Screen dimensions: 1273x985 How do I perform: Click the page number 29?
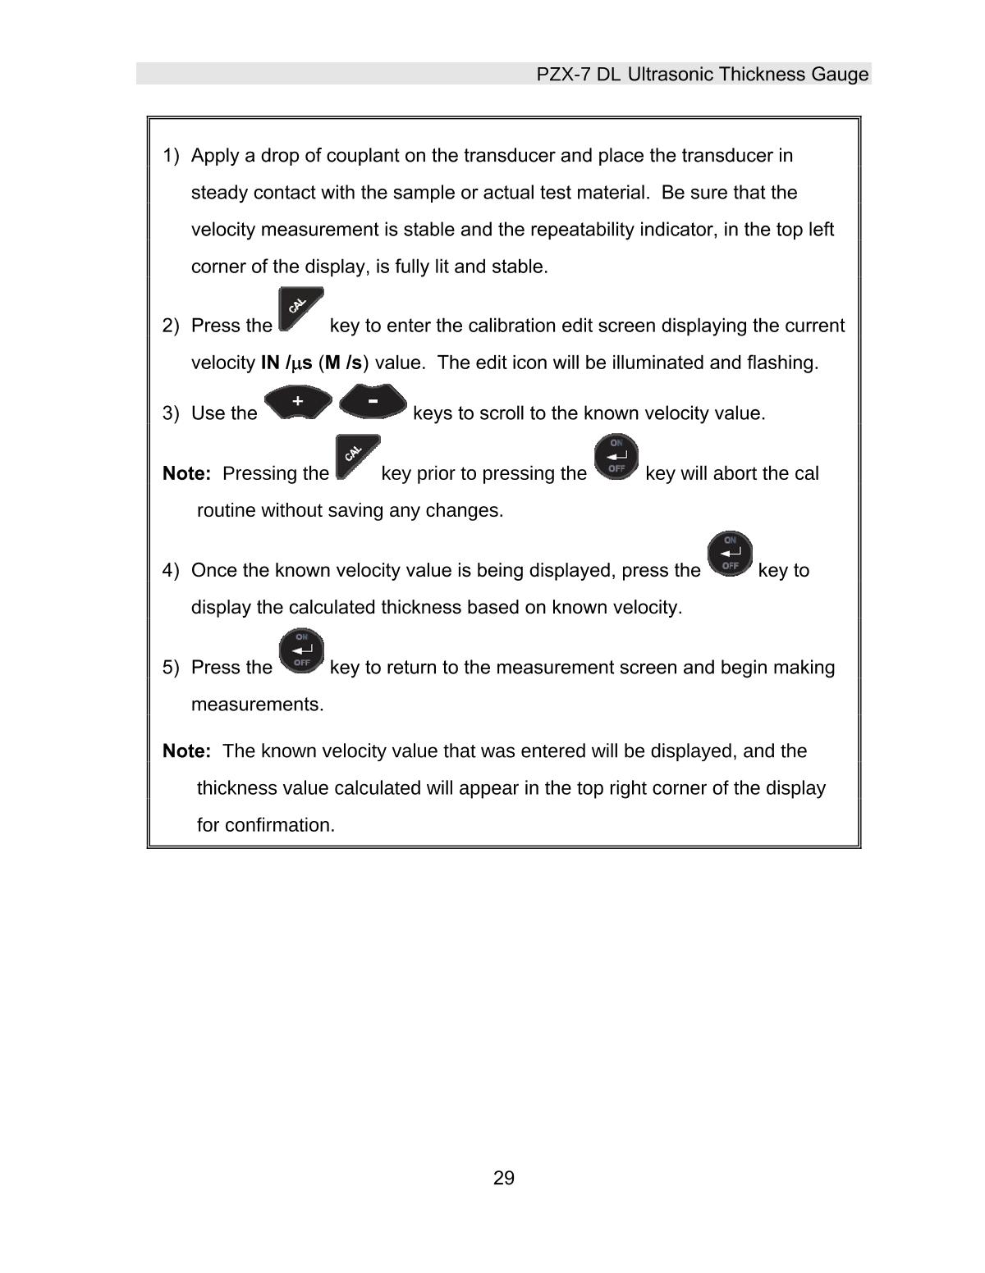[503, 1179]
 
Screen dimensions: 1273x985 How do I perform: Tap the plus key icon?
[298, 402]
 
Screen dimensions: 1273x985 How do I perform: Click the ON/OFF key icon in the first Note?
[616, 457]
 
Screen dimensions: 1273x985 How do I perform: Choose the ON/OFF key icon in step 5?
[301, 650]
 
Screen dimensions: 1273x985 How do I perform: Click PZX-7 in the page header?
[563, 75]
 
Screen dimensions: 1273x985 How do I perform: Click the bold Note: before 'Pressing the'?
[187, 473]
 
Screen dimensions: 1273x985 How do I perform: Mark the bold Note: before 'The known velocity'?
[187, 751]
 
